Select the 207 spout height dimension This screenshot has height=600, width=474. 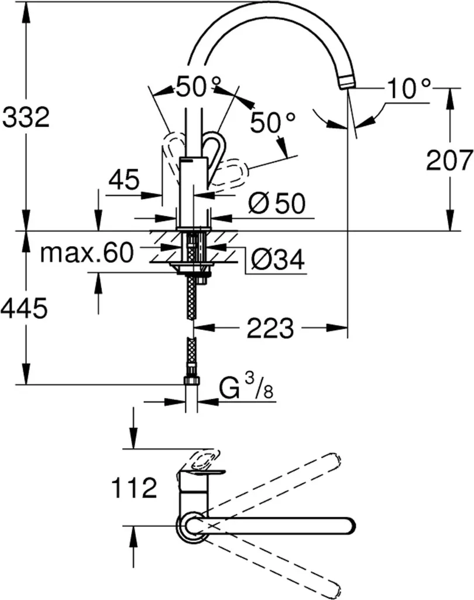tap(449, 159)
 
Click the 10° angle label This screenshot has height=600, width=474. tap(408, 89)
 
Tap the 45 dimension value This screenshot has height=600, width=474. tap(123, 180)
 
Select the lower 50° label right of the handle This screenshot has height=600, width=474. tap(273, 123)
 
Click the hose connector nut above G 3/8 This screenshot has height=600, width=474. tap(191, 381)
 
